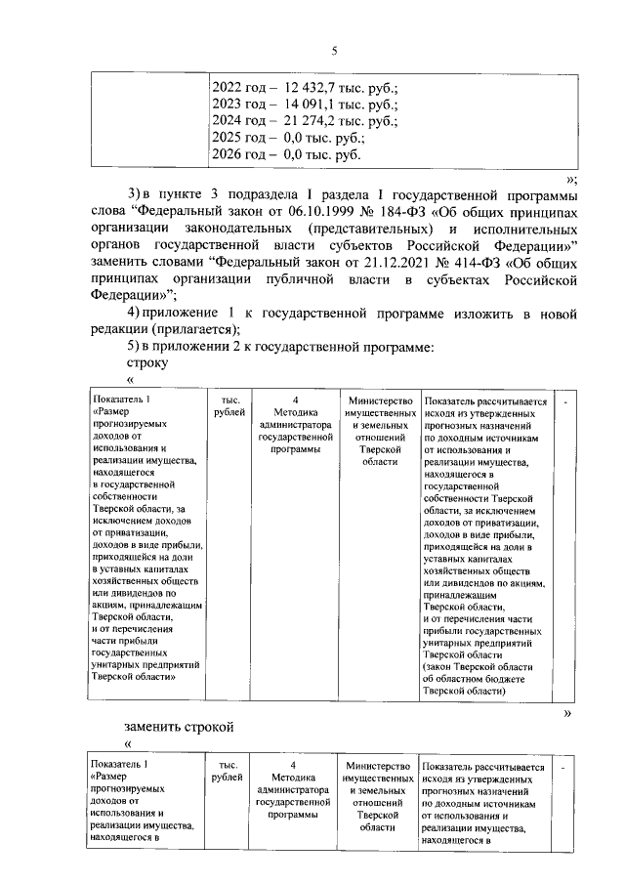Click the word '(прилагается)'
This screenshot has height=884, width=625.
click(x=196, y=329)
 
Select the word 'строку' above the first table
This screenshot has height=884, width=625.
click(x=147, y=363)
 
